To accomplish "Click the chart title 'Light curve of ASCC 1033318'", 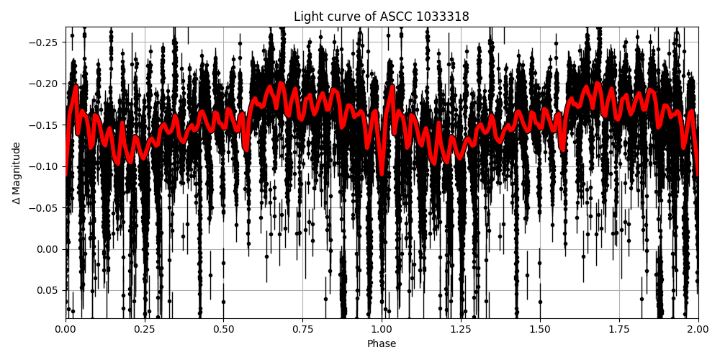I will coord(382,17).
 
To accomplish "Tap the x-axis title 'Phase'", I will coord(382,344).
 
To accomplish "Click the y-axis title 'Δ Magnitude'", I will coord(17,173).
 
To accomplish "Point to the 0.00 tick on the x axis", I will coord(66,329).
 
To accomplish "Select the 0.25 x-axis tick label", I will coord(145,329).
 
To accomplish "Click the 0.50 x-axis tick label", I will coord(224,329).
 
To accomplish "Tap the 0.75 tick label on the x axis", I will coord(302,329).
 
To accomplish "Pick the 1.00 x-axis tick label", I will coord(382,329).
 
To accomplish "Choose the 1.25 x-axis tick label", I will coord(461,329).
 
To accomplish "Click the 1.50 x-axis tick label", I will coord(540,329).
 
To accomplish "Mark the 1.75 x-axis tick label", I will coord(619,329).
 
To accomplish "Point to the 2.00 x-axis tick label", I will coord(698,329).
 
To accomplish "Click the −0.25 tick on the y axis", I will coord(45,42).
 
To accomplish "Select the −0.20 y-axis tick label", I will coord(45,84).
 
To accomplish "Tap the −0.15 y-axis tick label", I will coord(45,125).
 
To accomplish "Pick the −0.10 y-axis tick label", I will coord(45,166).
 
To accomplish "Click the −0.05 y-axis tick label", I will coord(45,208).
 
